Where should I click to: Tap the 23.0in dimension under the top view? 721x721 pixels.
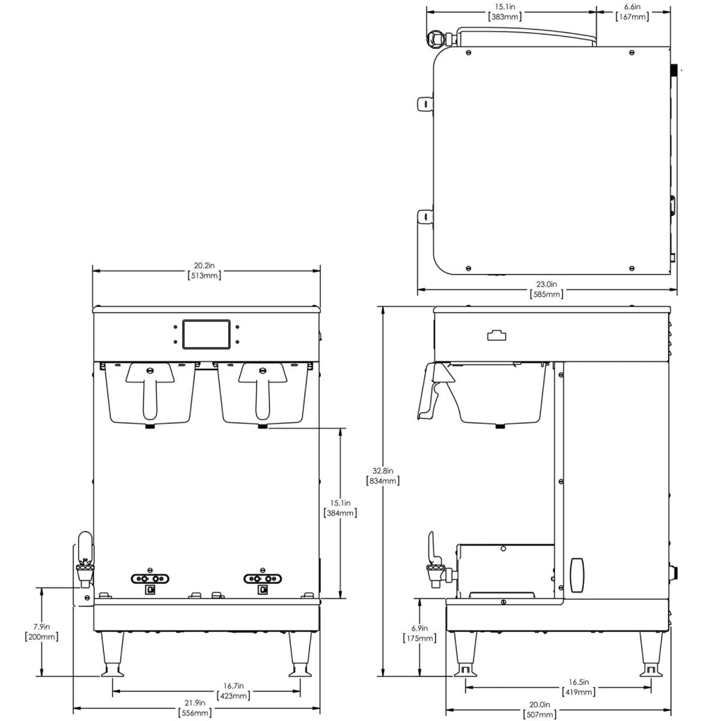click(546, 289)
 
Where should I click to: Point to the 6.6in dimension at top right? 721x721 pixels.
click(633, 11)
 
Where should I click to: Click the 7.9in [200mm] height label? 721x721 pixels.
click(41, 631)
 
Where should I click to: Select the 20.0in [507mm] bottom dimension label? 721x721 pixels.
click(539, 710)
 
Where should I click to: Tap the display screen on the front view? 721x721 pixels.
click(206, 334)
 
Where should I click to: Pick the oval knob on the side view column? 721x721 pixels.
click(578, 575)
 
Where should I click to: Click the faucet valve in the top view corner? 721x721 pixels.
click(436, 39)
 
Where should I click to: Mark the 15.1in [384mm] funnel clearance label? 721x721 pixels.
click(341, 508)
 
